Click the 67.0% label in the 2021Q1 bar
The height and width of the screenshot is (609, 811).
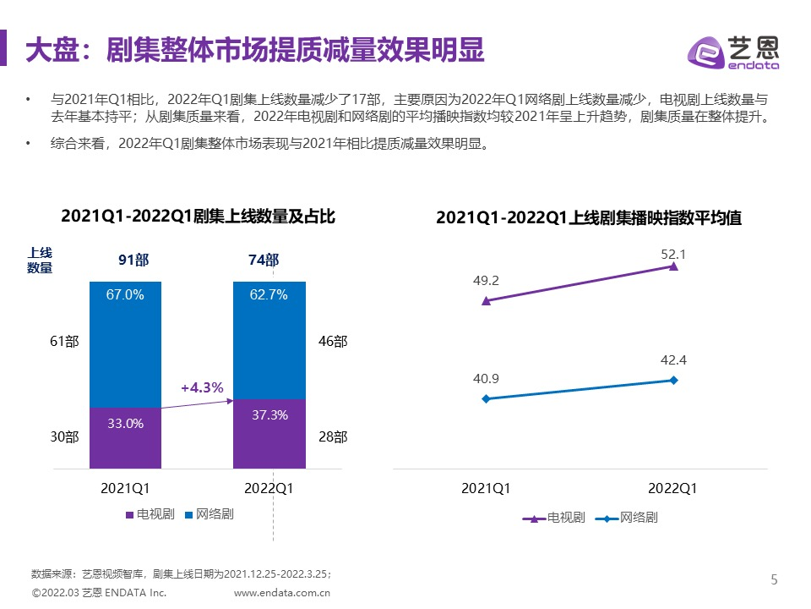pos(125,295)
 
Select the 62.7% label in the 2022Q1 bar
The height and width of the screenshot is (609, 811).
pos(269,295)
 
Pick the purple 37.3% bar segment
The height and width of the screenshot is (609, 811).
pos(269,433)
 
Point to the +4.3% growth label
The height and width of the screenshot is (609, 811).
pos(202,388)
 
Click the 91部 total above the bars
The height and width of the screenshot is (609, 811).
pos(133,261)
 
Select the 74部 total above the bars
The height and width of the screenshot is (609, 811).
pos(264,261)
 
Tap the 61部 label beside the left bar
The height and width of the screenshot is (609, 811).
pos(65,342)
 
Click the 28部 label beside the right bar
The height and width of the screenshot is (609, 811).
pos(333,437)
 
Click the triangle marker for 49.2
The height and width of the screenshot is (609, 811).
pos(485,300)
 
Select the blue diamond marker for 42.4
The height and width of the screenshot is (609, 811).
pos(673,380)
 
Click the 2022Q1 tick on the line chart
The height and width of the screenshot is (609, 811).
pos(672,489)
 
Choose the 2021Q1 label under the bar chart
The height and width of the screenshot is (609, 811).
pos(125,488)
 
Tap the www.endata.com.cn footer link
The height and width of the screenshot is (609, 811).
pos(281,593)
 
